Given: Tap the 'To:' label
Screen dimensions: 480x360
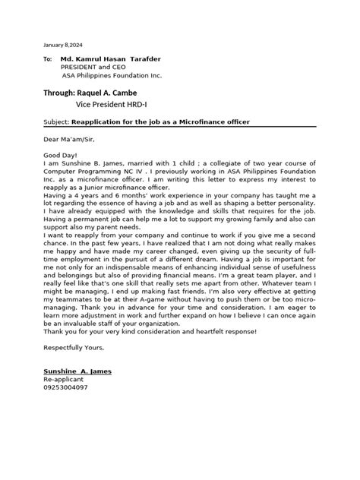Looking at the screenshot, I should (47, 59).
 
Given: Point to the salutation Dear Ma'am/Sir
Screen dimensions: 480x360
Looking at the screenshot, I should (70, 139).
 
